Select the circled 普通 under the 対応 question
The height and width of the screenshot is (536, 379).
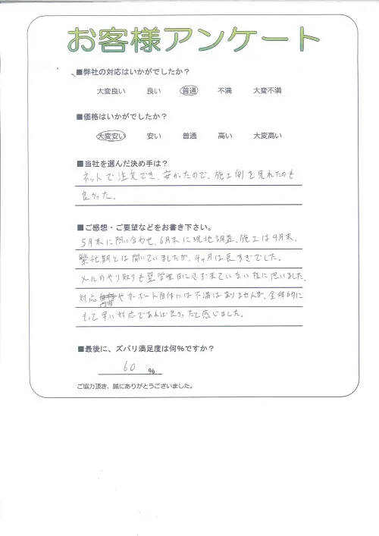(189, 91)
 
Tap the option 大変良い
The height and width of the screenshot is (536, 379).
(111, 91)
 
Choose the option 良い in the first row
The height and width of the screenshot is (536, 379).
(154, 91)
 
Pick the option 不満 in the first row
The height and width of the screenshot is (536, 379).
(224, 91)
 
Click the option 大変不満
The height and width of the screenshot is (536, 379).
(267, 91)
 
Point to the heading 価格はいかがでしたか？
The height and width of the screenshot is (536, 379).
(126, 118)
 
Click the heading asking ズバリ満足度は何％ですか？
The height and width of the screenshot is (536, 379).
(146, 349)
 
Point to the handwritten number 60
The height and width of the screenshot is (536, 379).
(129, 369)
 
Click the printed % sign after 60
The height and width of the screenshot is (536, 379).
(152, 371)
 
